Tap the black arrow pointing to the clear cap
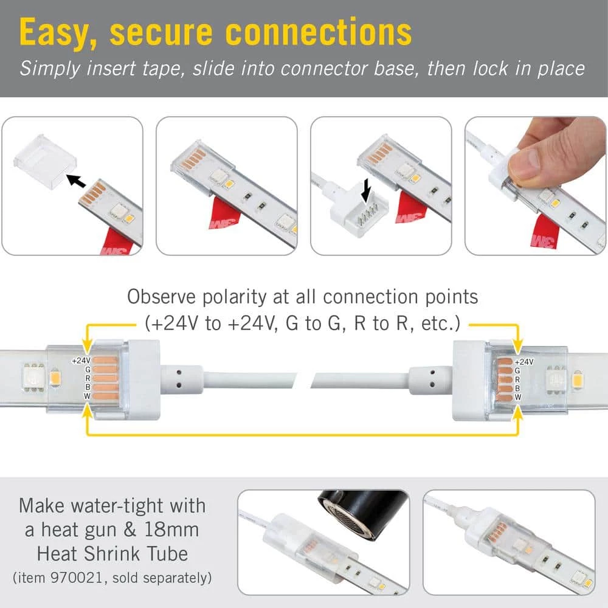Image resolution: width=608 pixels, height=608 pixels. tap(75, 180)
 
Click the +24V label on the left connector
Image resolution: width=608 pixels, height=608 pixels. tap(81, 361)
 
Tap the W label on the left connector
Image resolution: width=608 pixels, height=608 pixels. tap(88, 397)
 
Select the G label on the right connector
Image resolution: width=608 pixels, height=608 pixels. tap(517, 370)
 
